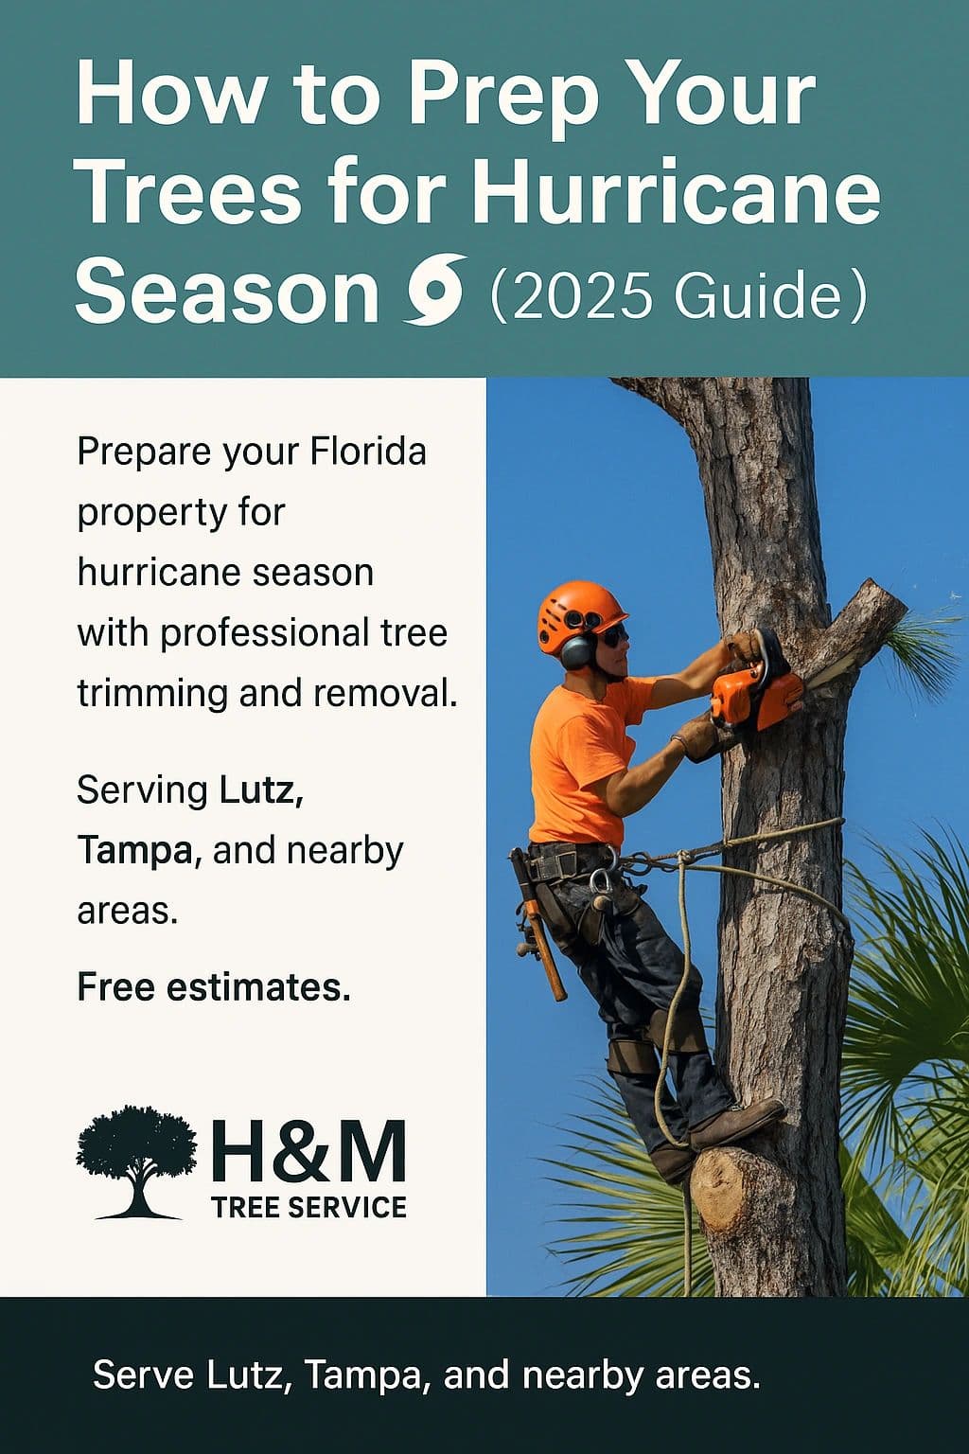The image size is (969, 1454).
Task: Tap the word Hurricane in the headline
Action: click(x=677, y=191)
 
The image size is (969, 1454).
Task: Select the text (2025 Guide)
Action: click(x=678, y=294)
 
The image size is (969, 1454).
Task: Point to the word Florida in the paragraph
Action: click(x=368, y=452)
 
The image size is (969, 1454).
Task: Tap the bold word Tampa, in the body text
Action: click(x=139, y=850)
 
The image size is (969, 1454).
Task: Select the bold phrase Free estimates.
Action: click(x=214, y=987)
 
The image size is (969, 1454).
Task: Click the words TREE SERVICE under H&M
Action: click(x=308, y=1207)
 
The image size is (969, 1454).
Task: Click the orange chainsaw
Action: click(x=756, y=688)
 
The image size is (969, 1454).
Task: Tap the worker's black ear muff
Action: click(x=575, y=652)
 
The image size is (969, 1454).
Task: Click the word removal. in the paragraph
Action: click(x=385, y=693)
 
